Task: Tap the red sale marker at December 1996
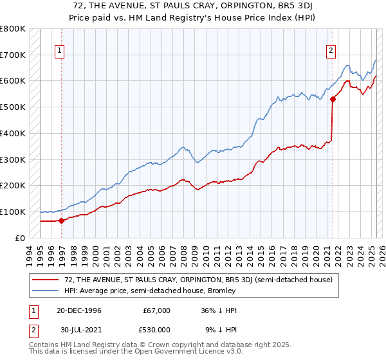[x=62, y=221]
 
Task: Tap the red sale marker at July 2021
[x=333, y=99]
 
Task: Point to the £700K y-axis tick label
[x=13, y=55]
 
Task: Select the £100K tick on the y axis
[x=13, y=212]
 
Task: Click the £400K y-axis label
[x=13, y=133]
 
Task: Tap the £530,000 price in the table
[x=156, y=330]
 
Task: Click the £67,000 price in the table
[x=156, y=310]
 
